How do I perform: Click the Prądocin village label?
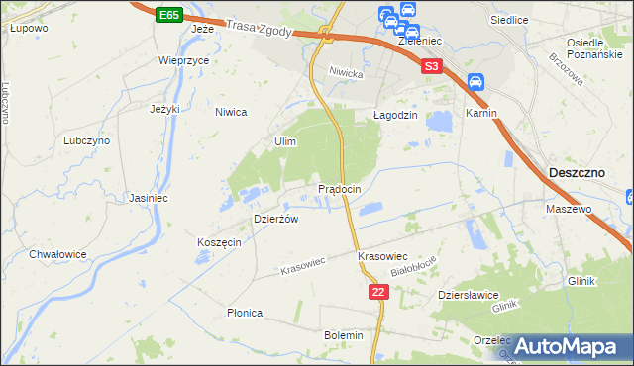[345, 188]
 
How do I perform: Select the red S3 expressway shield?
[431, 66]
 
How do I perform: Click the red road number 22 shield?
[377, 291]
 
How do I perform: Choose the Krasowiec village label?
[383, 256]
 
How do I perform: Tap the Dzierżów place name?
[276, 219]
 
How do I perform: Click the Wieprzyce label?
[183, 60]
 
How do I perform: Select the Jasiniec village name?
[148, 198]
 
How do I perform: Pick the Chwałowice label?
[57, 254]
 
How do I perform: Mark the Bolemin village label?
[344, 335]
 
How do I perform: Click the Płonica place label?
[244, 313]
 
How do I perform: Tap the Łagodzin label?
[396, 115]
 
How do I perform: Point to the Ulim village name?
[285, 142]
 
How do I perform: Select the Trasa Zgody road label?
[259, 31]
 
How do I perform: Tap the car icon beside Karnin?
[475, 82]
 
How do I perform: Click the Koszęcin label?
[219, 243]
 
